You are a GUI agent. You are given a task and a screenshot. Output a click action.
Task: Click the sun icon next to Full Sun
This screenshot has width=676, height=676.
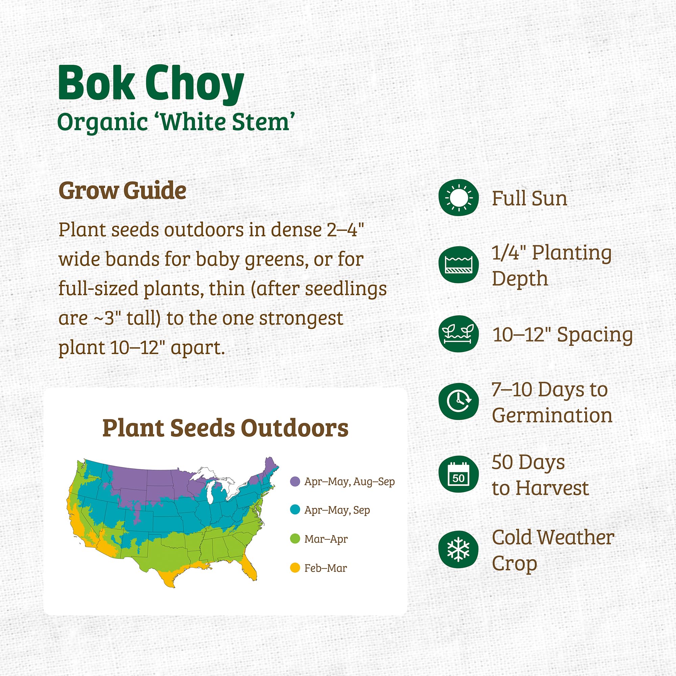coord(458,198)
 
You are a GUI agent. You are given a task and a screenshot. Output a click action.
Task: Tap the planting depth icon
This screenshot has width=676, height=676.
coord(458,265)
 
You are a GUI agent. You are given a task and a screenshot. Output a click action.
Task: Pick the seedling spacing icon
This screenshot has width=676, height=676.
coord(458,334)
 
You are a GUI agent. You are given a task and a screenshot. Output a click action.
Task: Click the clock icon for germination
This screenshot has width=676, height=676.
coord(458,401)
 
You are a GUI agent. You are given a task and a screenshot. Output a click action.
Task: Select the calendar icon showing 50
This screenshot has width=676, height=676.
coord(458,474)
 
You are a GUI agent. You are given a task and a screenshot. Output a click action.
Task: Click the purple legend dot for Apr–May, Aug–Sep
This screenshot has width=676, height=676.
coord(295,481)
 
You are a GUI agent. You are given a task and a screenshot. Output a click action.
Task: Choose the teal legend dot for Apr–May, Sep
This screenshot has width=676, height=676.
coord(295,510)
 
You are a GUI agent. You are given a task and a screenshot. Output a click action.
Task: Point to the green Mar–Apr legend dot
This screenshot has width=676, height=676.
coord(295,539)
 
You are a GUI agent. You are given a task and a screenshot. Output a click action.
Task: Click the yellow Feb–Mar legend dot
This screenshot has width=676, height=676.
coord(295,568)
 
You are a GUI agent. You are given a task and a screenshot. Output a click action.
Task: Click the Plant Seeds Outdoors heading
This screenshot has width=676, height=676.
coord(225,428)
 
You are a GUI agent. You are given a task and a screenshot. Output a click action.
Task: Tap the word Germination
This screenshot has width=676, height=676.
coord(552,415)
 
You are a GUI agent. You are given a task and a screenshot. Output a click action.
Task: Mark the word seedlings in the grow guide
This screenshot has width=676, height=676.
coord(346,289)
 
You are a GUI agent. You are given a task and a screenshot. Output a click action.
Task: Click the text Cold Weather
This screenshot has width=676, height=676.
coord(553,537)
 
